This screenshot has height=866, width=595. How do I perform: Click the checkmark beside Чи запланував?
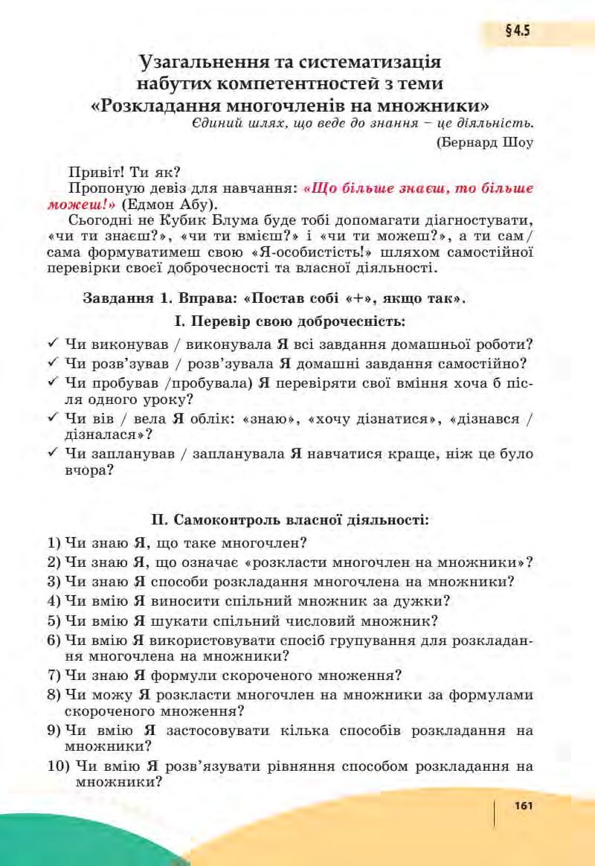52,453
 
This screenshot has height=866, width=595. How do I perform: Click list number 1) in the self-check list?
54,542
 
